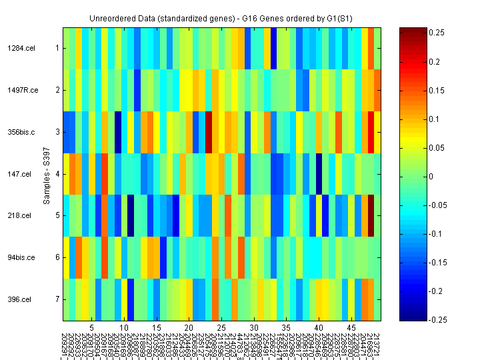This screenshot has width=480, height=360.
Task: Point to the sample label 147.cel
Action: click(x=20, y=174)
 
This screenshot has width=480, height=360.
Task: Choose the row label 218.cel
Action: click(x=20, y=215)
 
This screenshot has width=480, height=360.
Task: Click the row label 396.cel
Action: click(x=20, y=299)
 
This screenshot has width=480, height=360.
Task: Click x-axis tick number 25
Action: click(x=221, y=329)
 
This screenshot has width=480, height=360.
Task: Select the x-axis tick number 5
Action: click(x=91, y=329)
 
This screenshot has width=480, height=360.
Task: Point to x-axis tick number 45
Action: click(x=352, y=329)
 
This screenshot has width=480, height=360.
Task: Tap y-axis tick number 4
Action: click(x=57, y=174)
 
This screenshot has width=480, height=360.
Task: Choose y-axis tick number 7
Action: click(x=57, y=299)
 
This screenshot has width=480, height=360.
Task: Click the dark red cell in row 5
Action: click(x=371, y=215)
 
